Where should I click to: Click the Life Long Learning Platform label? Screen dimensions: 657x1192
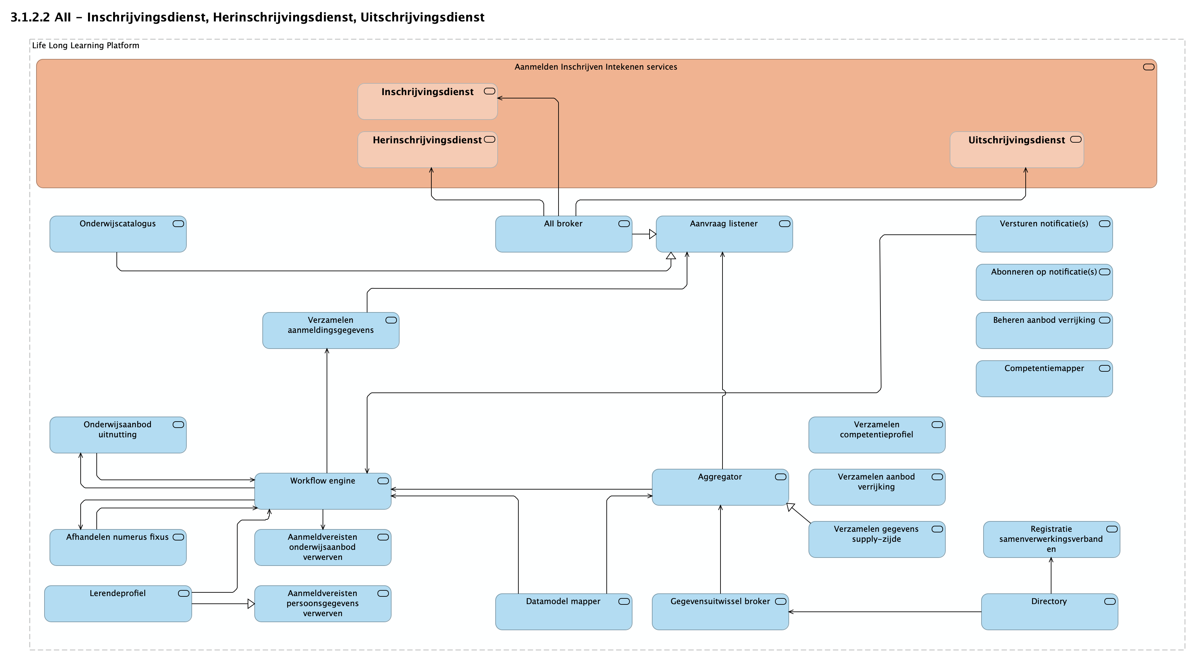click(x=86, y=46)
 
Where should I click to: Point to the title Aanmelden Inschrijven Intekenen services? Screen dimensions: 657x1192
click(x=596, y=67)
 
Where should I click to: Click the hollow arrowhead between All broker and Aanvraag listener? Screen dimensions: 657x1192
click(x=653, y=234)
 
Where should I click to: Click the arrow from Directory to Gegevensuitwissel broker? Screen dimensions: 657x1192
click(x=884, y=611)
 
